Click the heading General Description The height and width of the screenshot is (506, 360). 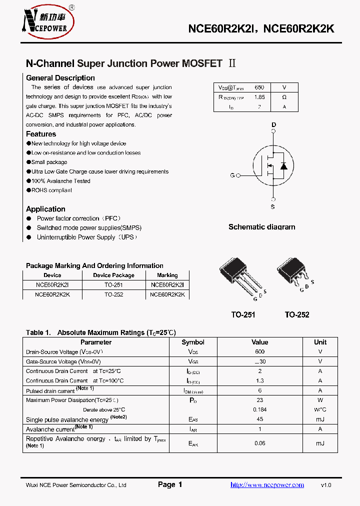(x=60, y=78)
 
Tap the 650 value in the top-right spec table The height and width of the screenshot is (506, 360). (x=259, y=87)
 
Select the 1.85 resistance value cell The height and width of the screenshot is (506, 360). (x=259, y=97)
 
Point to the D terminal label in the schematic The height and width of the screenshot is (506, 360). (x=273, y=124)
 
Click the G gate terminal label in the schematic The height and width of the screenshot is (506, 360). (x=232, y=175)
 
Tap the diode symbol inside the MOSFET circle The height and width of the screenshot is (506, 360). (x=283, y=165)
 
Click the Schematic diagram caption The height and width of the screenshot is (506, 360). (x=261, y=227)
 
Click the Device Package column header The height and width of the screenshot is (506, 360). (x=113, y=275)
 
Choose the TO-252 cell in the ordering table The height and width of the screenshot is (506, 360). (x=113, y=294)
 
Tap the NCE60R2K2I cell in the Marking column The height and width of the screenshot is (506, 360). (x=167, y=284)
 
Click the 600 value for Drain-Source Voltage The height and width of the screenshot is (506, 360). (x=259, y=352)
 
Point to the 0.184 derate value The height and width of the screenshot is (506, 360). (x=259, y=409)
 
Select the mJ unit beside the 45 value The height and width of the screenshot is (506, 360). (x=320, y=419)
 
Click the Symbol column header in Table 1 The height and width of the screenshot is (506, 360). (x=193, y=342)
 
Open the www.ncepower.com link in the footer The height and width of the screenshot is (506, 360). (x=267, y=485)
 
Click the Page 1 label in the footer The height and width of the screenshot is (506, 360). (x=170, y=484)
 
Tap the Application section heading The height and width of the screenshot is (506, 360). (x=45, y=209)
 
